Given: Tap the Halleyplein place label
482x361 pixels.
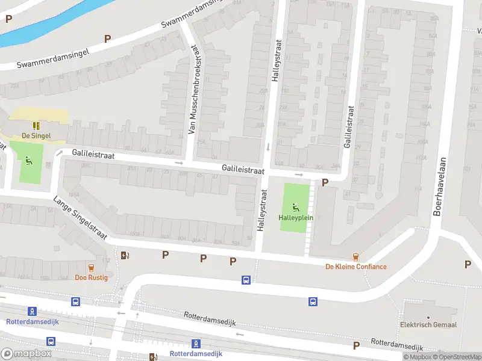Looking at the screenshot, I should point(296,217).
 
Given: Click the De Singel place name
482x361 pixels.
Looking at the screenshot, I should point(36,136).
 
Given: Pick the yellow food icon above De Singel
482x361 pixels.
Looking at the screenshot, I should point(36,126).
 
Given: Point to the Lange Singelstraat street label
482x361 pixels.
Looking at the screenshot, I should point(80,220).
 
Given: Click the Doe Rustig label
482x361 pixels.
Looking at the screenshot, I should point(91,277).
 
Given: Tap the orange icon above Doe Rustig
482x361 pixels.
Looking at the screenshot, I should point(92,267).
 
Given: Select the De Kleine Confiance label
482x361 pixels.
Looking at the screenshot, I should point(356,267).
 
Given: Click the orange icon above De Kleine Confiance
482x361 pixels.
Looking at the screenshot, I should point(356,256).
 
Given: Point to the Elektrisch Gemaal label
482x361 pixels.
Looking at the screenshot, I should point(428,325).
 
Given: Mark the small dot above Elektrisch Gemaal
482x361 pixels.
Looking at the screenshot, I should point(428,316).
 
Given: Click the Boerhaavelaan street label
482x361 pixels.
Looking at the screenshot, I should point(439,187).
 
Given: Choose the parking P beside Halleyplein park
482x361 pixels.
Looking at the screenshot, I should point(325,182).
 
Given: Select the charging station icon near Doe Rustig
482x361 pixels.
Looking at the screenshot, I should point(125,255).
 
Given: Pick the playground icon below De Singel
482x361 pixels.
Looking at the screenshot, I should point(28,160).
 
